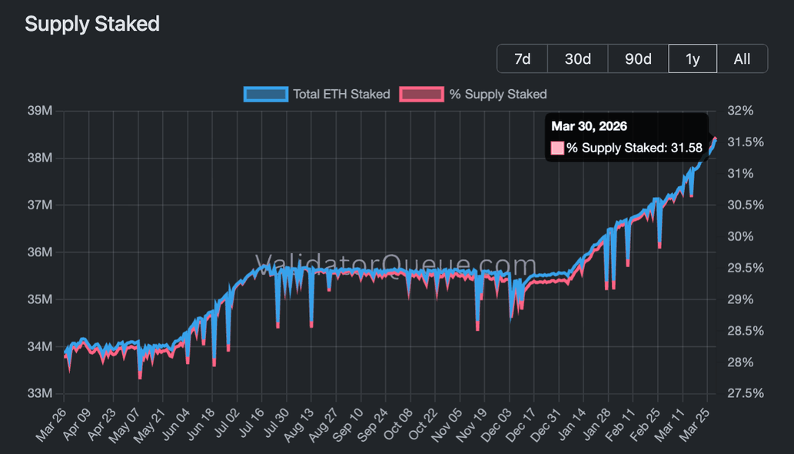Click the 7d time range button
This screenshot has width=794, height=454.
click(522, 58)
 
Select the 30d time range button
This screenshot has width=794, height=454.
click(577, 58)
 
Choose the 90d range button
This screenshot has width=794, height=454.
click(638, 58)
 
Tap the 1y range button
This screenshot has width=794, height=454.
click(693, 58)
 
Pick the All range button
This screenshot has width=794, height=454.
click(742, 58)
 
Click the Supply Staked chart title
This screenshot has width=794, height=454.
click(92, 24)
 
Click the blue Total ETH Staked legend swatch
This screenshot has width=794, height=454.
click(266, 94)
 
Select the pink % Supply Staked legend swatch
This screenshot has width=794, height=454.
click(422, 94)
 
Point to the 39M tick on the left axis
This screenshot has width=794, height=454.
click(40, 111)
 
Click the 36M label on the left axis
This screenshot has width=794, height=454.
click(40, 252)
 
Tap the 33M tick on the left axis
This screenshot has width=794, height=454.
click(40, 393)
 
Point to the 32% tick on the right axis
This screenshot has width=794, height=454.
click(739, 111)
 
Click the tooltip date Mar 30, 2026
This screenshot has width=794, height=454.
click(589, 126)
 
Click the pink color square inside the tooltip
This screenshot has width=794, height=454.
click(557, 147)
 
